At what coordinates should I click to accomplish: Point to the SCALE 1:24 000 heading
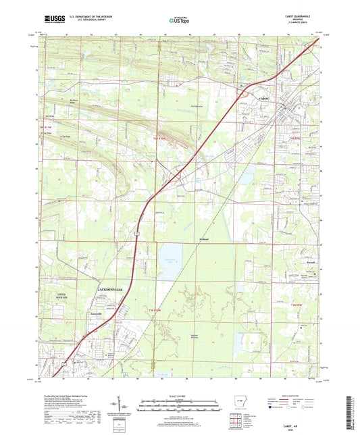click(179, 395)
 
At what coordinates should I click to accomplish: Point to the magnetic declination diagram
click(126, 405)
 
